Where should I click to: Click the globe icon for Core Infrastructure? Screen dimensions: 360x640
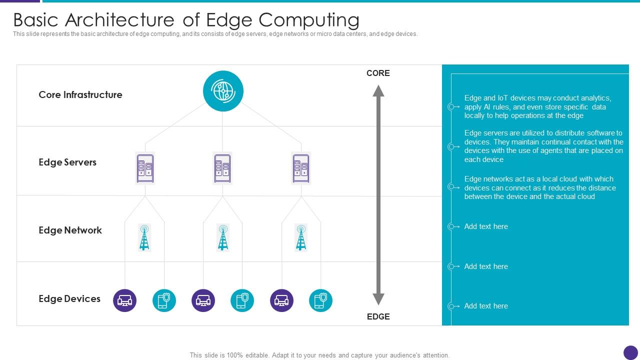point(223,91)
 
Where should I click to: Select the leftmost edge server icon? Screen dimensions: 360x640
point(145,168)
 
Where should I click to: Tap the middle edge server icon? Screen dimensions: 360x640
point(222,168)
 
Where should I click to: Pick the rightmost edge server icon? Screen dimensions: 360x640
point(301,168)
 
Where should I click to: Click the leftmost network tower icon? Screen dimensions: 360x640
point(144,237)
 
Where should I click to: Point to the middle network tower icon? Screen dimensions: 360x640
point(223,237)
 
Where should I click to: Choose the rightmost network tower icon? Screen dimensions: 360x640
point(301,237)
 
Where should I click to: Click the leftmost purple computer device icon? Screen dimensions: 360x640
point(125,300)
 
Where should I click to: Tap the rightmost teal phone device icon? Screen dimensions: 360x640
point(320,300)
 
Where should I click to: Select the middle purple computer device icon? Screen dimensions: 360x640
point(203,300)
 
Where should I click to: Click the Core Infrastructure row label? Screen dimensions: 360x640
point(80,95)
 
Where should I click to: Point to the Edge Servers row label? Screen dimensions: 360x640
point(67,162)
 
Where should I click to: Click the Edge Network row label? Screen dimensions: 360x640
point(70,230)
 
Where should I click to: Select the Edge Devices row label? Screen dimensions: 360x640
point(69,299)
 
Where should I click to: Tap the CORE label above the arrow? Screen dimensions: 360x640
point(378,73)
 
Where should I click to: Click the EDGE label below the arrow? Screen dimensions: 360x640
point(378,316)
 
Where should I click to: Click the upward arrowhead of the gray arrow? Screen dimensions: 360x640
point(378,91)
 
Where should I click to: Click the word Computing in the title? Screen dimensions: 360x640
point(308,20)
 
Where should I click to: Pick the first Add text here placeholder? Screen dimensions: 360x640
point(486,226)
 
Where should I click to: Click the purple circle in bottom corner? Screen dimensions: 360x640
point(630,352)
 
